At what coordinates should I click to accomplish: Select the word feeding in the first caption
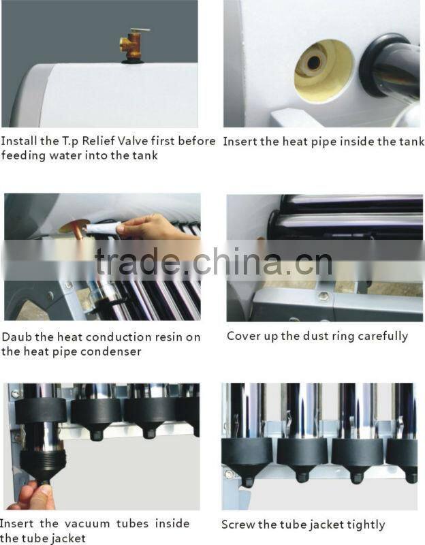tap(22, 155)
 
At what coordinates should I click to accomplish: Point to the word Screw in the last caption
tap(238, 525)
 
